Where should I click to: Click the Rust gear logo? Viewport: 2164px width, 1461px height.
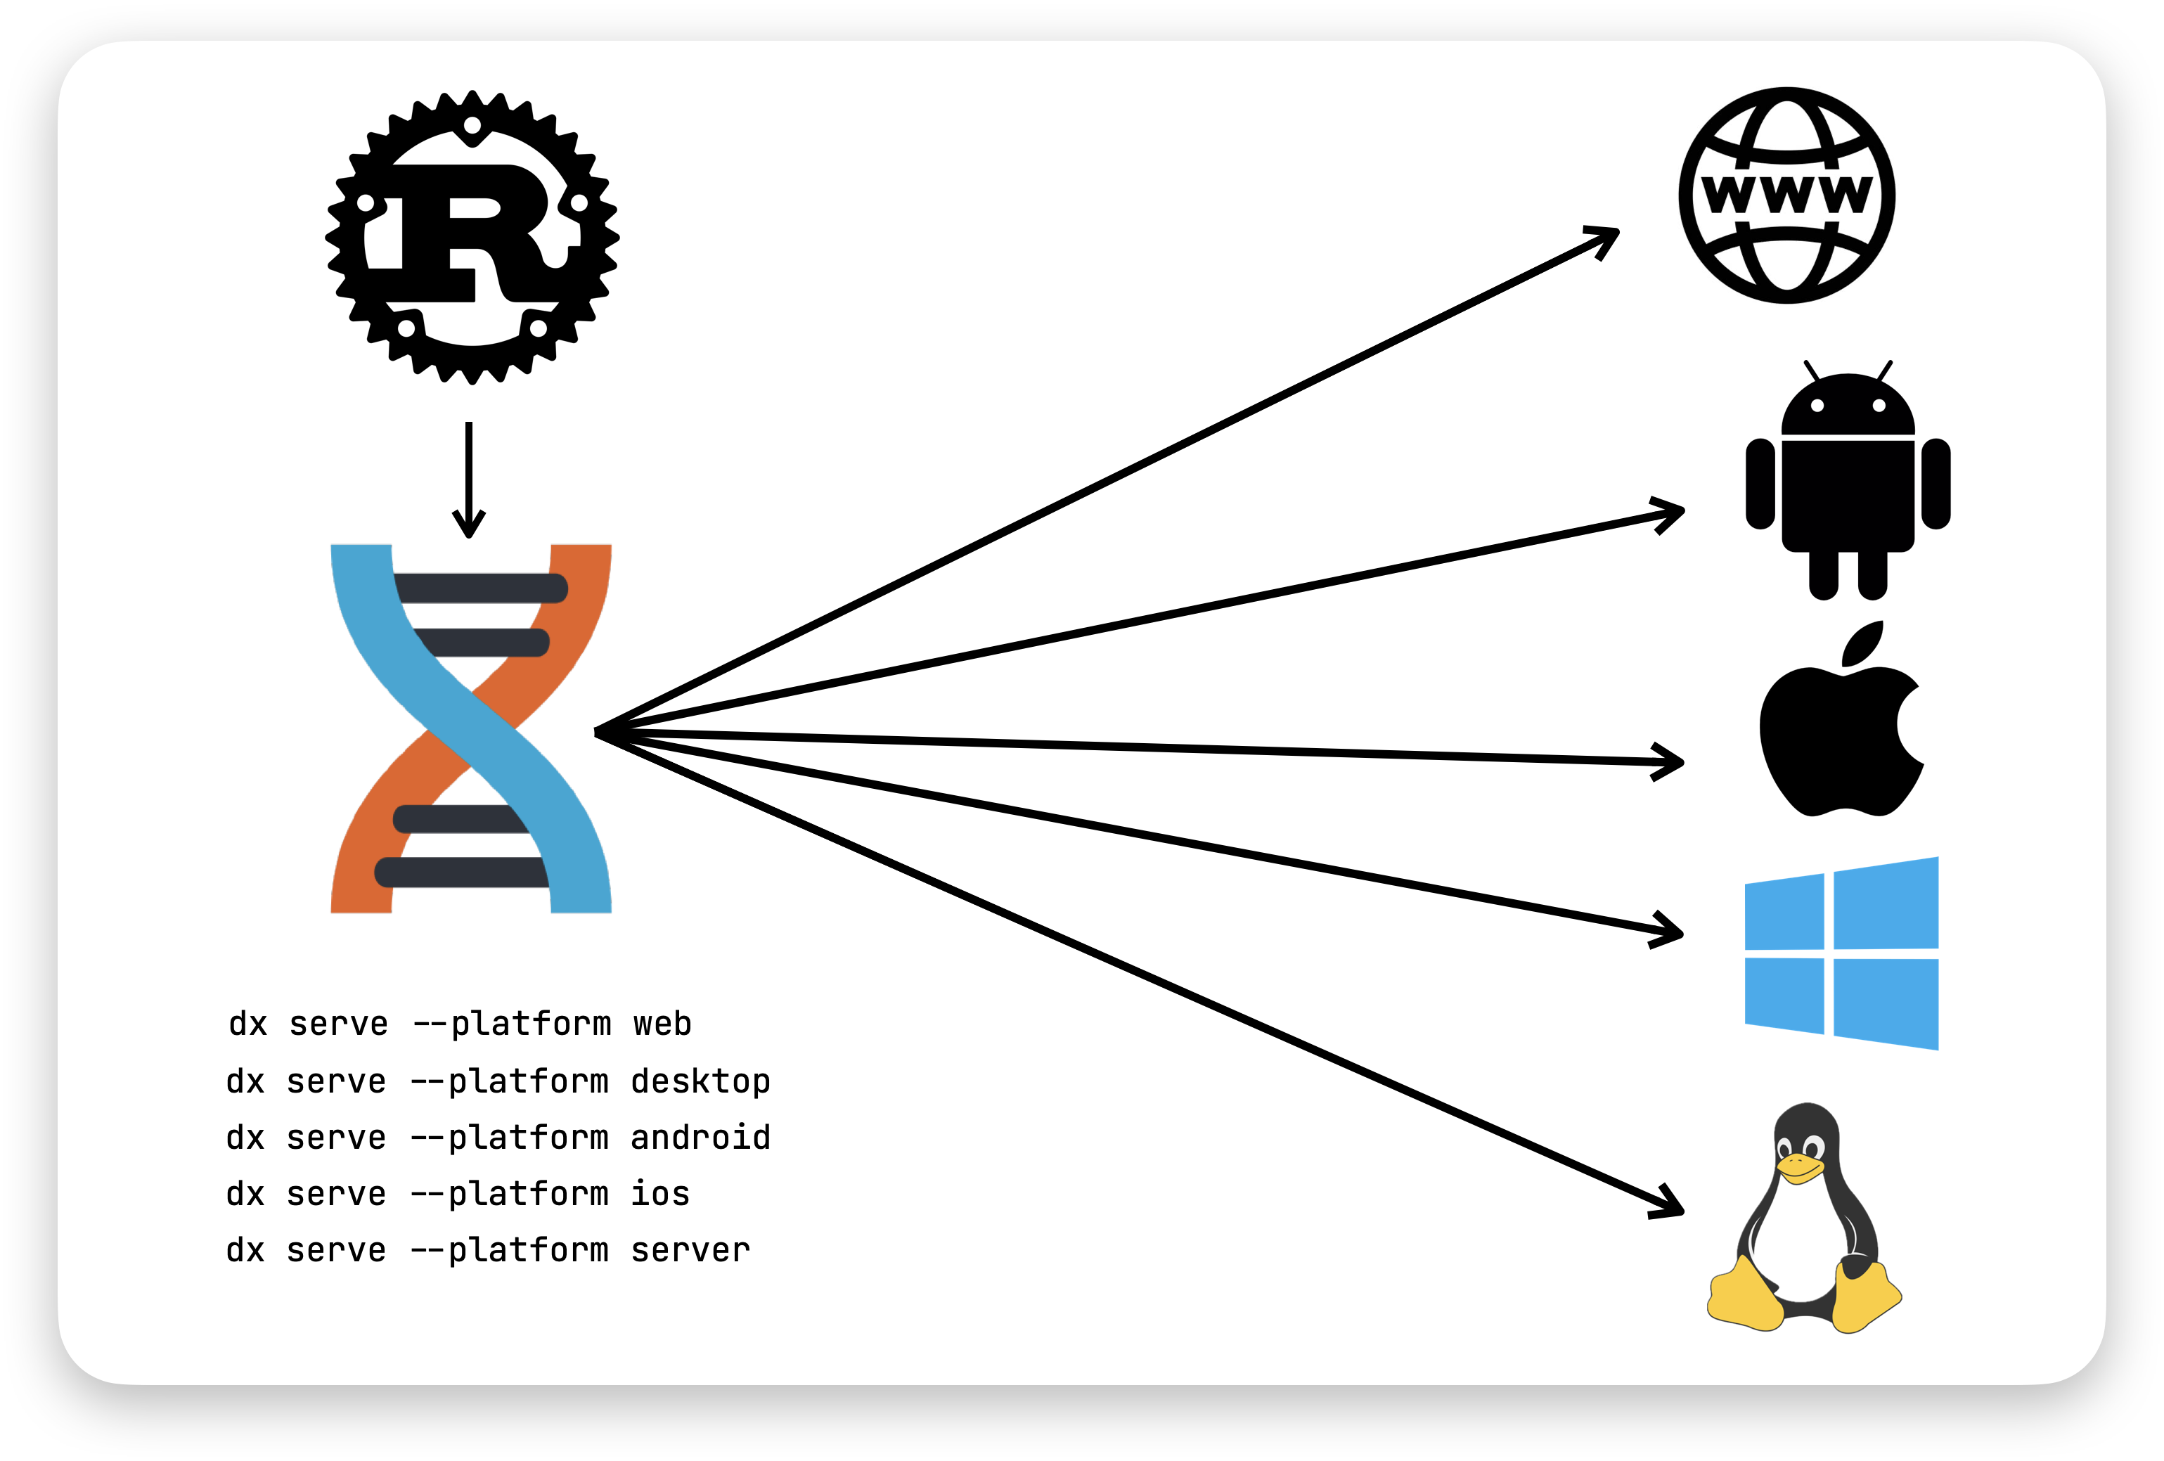[472, 238]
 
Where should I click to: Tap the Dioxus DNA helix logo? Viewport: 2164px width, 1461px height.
[471, 728]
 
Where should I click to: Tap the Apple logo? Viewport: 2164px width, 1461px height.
[1839, 735]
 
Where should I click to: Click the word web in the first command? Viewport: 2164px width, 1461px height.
[662, 1024]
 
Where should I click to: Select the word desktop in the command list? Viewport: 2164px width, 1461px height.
[700, 1081]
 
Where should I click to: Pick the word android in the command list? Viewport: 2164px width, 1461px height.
[700, 1137]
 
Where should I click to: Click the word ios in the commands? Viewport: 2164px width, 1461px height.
[660, 1193]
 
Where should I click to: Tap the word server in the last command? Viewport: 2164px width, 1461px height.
[690, 1249]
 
